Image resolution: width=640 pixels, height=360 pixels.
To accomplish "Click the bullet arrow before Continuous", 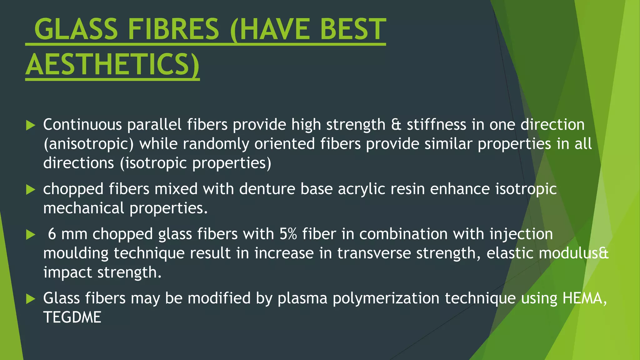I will tap(31, 125).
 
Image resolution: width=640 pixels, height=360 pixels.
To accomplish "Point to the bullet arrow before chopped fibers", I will tap(31, 189).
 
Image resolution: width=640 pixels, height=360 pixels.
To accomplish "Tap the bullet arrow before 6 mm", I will tap(31, 234).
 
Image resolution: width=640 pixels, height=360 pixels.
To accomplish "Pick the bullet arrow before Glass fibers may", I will tap(31, 299).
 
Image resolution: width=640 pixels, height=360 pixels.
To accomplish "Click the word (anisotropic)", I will tap(88, 144).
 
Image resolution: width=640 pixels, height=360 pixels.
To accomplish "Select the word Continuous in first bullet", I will tap(82, 125).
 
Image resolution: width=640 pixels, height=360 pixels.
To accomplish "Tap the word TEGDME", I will tap(72, 317).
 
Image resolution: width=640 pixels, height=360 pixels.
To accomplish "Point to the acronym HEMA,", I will tap(584, 298).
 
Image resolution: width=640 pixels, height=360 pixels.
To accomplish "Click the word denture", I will tap(267, 189).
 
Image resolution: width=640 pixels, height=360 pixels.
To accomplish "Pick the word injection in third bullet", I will tap(521, 234).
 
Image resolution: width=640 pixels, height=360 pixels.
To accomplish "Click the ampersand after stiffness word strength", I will tap(396, 125).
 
